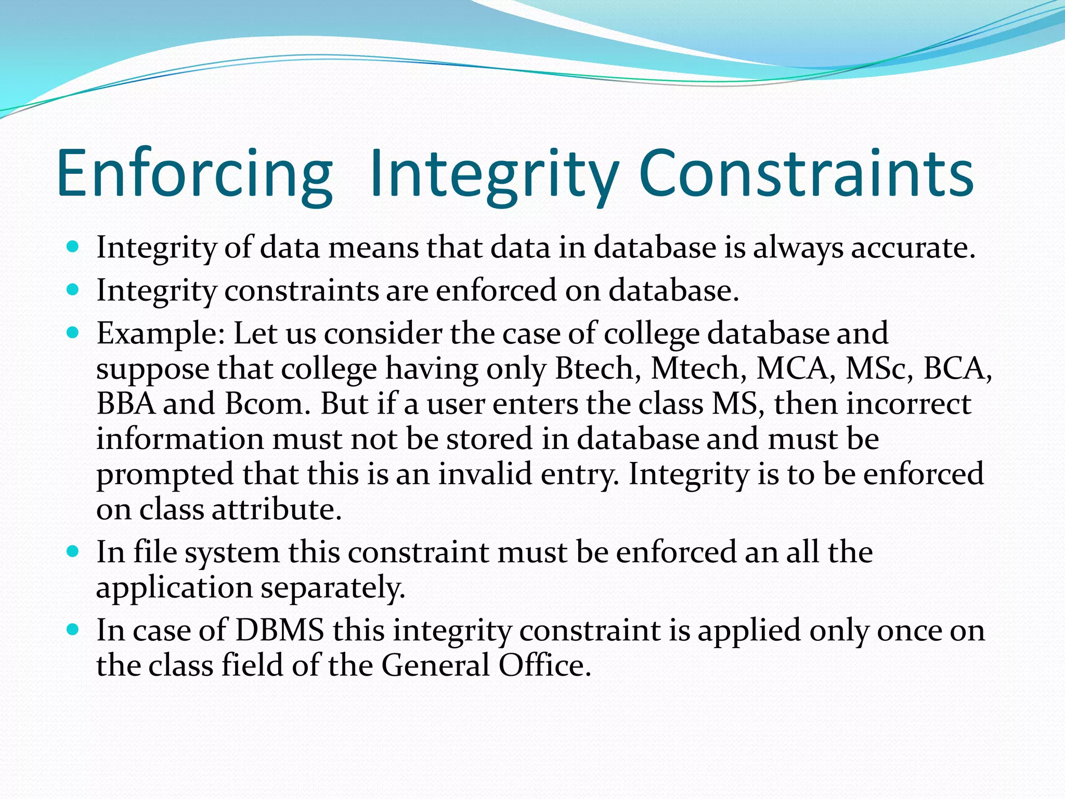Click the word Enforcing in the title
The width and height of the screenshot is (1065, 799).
point(194,174)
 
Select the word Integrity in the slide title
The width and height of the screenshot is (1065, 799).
point(493,174)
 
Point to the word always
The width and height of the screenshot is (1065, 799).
point(798,249)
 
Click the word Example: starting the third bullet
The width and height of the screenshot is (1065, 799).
point(161,334)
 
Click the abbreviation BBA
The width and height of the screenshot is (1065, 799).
point(126,404)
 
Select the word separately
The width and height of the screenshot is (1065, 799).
point(332,588)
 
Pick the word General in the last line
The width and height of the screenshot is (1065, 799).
point(436,665)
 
